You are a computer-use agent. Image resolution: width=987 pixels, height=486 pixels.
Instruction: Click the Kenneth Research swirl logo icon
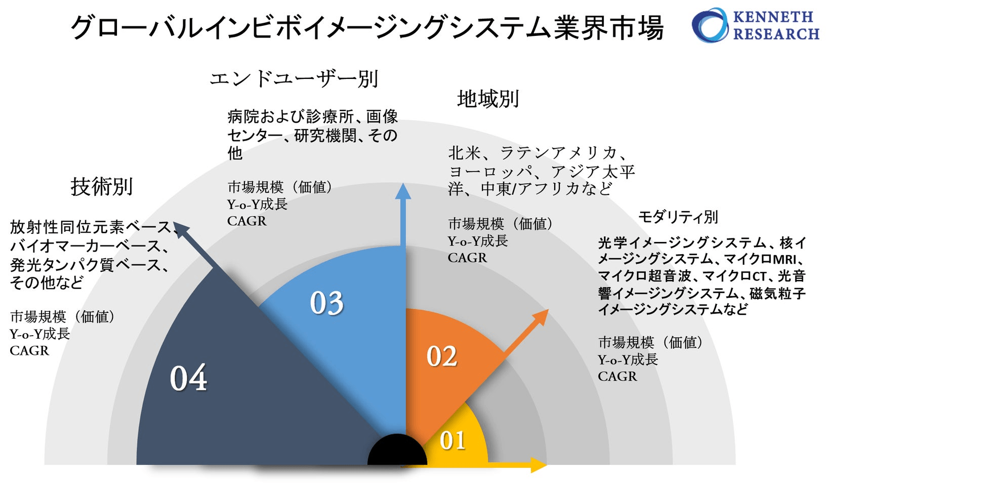710,25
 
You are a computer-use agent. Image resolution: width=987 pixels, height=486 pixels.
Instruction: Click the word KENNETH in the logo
773,17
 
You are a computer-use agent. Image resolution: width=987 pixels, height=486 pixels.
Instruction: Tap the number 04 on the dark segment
188,378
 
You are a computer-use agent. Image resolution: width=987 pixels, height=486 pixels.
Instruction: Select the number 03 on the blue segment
326,303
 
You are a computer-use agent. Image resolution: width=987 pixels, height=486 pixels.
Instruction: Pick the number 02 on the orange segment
442,356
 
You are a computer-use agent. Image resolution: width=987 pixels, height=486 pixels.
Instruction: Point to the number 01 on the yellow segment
453,440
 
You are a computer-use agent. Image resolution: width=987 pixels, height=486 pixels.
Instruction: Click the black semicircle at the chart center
397,452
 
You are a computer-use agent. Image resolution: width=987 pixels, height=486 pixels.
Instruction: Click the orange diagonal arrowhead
541,316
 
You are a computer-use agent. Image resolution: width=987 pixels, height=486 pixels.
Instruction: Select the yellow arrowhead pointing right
539,464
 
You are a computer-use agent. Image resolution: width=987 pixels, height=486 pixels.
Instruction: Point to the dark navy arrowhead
180,229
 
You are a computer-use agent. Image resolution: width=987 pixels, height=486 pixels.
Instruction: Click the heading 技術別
102,186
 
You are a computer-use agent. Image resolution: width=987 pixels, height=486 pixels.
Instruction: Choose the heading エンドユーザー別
294,79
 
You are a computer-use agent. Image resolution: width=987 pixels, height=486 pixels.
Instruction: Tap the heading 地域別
488,99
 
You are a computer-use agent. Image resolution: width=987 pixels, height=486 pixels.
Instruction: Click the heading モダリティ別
678,217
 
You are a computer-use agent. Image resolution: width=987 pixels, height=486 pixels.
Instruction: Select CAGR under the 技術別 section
29,350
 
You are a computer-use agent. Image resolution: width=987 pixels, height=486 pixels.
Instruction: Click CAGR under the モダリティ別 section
617,376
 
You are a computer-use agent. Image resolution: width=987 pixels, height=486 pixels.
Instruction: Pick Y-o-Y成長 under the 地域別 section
477,241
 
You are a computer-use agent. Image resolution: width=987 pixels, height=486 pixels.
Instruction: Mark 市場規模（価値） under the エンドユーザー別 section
279,187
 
